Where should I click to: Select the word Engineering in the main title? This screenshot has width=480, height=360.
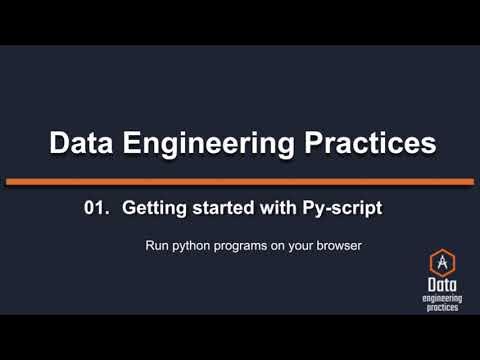pyautogui.click(x=218, y=143)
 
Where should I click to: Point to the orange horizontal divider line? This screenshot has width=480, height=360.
pyautogui.click(x=240, y=181)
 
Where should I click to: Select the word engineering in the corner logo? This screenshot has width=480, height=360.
pyautogui.click(x=440, y=297)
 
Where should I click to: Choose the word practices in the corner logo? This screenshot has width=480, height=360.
pyautogui.click(x=440, y=307)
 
